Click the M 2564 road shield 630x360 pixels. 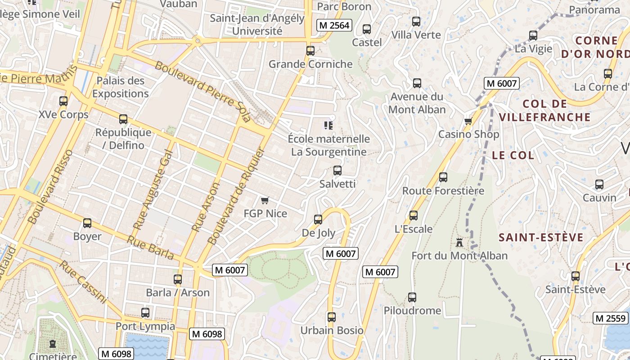pyautogui.click(x=334, y=25)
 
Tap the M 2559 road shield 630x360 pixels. pyautogui.click(x=611, y=318)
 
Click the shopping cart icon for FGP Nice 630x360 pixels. pyautogui.click(x=265, y=200)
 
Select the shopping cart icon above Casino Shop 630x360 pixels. pyautogui.click(x=468, y=121)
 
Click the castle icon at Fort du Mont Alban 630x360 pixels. pyautogui.click(x=459, y=242)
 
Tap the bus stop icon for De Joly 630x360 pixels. pyautogui.click(x=318, y=220)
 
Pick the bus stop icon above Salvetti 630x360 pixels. pyautogui.click(x=337, y=171)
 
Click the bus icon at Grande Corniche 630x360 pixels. pyautogui.click(x=310, y=51)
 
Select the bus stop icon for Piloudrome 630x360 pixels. pyautogui.click(x=412, y=297)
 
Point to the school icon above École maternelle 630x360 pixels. pyautogui.click(x=328, y=126)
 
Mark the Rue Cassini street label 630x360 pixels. pyautogui.click(x=84, y=282)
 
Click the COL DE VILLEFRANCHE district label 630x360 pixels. pyautogui.click(x=557, y=110)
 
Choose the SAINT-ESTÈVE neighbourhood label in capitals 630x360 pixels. pyautogui.click(x=541, y=237)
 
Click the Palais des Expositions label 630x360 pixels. pyautogui.click(x=121, y=87)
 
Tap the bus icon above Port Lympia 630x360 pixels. pyautogui.click(x=145, y=313)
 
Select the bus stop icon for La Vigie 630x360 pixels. pyautogui.click(x=533, y=36)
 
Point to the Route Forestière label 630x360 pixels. pyautogui.click(x=443, y=191)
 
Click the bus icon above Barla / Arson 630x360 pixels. pyautogui.click(x=178, y=279)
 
